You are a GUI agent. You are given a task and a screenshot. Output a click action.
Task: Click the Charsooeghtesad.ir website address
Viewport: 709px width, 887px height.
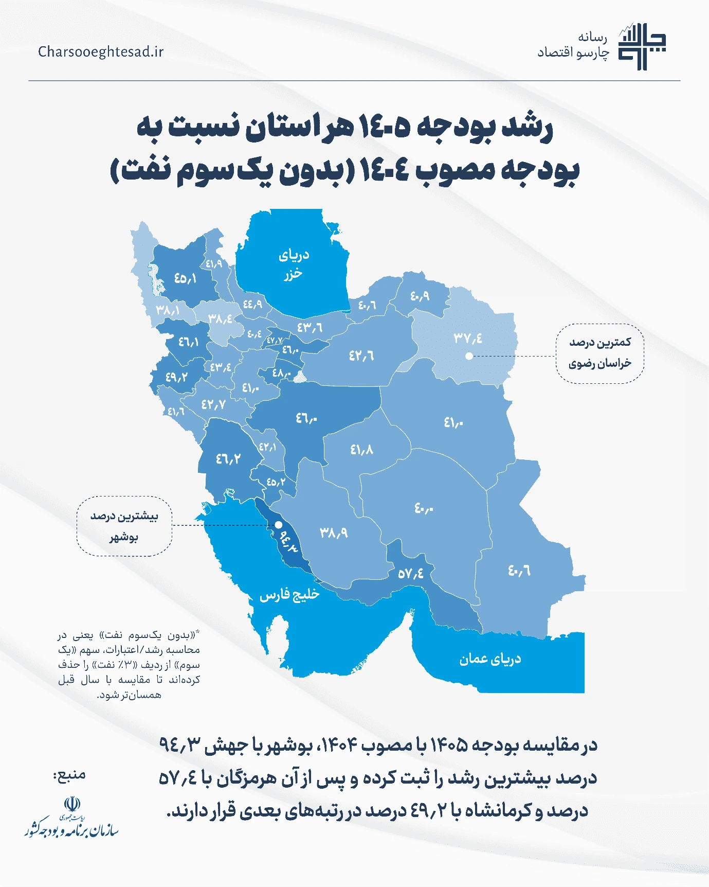101,52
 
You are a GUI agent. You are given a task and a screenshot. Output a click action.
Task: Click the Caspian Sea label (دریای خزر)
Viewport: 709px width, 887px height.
294,264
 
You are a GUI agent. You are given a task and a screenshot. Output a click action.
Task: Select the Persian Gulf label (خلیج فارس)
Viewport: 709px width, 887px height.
289,595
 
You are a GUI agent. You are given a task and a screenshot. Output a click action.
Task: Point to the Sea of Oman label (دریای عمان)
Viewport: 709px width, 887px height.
490,659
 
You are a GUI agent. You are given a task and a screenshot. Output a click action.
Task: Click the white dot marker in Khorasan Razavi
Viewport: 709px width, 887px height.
469,356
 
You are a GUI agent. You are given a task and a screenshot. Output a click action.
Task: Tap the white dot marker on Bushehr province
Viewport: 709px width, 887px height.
278,525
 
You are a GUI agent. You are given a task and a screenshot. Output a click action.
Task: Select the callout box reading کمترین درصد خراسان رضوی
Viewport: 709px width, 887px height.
599,353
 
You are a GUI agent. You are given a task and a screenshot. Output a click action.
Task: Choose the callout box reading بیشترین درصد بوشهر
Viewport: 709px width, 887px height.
124,526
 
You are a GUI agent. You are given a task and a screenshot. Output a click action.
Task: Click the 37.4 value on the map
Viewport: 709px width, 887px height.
468,338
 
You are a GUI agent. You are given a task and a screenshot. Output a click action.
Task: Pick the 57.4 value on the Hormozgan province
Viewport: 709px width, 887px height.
410,573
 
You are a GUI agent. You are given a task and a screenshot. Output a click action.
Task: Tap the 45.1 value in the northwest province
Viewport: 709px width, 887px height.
186,278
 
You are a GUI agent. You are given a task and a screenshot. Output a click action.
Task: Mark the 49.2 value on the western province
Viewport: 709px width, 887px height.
176,377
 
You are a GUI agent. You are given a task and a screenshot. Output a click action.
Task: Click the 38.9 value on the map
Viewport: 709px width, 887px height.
334,533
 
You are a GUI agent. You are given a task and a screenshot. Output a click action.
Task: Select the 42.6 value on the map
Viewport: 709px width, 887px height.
361,356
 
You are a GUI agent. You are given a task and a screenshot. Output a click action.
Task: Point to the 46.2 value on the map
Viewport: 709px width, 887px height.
228,458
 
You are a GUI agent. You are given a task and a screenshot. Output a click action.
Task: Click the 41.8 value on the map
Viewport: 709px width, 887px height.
361,450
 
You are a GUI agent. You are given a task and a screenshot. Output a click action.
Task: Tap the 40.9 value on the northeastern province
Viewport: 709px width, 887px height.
420,296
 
